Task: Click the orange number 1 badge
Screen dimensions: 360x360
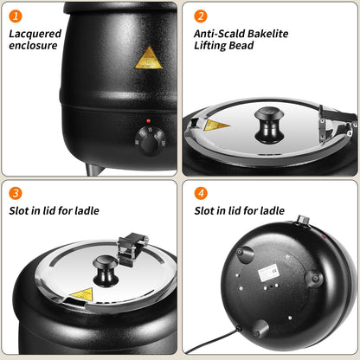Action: (16, 16)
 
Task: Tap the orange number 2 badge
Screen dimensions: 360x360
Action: (200, 16)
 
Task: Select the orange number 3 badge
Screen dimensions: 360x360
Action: (16, 193)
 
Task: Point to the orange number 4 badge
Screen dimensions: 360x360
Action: (200, 193)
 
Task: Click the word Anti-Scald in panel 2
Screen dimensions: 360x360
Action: (216, 34)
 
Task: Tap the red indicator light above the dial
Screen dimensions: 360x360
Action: (149, 121)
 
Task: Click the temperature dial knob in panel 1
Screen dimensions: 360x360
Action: (150, 139)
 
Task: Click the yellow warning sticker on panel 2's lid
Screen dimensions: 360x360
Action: (217, 125)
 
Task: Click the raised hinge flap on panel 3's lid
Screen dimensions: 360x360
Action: (133, 247)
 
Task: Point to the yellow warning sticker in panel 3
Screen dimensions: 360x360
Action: (81, 295)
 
